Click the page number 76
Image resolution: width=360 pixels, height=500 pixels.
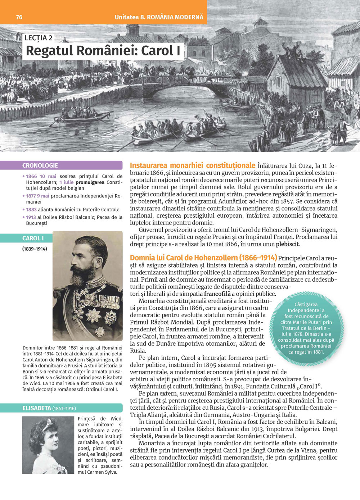click(x=19, y=17)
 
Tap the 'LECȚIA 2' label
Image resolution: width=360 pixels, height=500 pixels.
click(x=39, y=38)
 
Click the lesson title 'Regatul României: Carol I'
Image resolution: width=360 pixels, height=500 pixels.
click(x=103, y=51)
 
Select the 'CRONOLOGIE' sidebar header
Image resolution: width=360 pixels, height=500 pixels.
click(x=40, y=165)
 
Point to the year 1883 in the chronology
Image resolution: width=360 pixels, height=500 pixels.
click(x=31, y=209)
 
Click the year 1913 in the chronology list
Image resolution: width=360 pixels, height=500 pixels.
click(x=31, y=217)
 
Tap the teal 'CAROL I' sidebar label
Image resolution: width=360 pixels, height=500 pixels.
click(x=33, y=238)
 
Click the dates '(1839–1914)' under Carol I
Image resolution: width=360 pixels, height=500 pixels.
click(x=35, y=249)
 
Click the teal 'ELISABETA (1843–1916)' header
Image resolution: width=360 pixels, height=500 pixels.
click(x=49, y=408)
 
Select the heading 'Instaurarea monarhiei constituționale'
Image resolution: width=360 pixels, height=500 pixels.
click(x=193, y=165)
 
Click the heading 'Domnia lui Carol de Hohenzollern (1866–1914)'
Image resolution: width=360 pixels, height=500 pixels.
click(x=203, y=258)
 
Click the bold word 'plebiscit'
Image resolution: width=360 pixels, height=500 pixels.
click(x=288, y=244)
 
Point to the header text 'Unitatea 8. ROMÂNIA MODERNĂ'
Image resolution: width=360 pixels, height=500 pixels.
click(x=159, y=17)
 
